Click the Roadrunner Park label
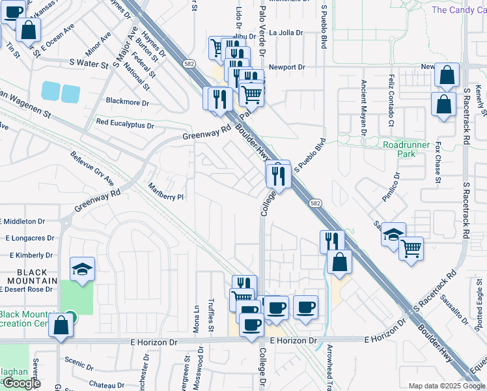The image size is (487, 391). [408, 149]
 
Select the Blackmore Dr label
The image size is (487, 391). [127, 103]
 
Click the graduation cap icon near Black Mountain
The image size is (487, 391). [83, 268]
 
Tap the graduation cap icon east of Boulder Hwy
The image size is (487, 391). [393, 235]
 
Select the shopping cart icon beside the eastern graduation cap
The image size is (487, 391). [411, 248]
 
